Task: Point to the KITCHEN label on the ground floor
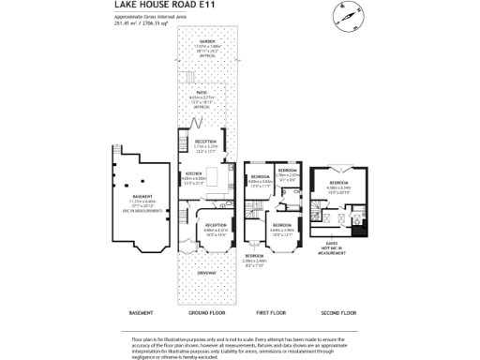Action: pos(193,176)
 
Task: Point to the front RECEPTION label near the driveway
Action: pos(216,227)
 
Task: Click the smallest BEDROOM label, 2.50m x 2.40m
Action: pos(254,258)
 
